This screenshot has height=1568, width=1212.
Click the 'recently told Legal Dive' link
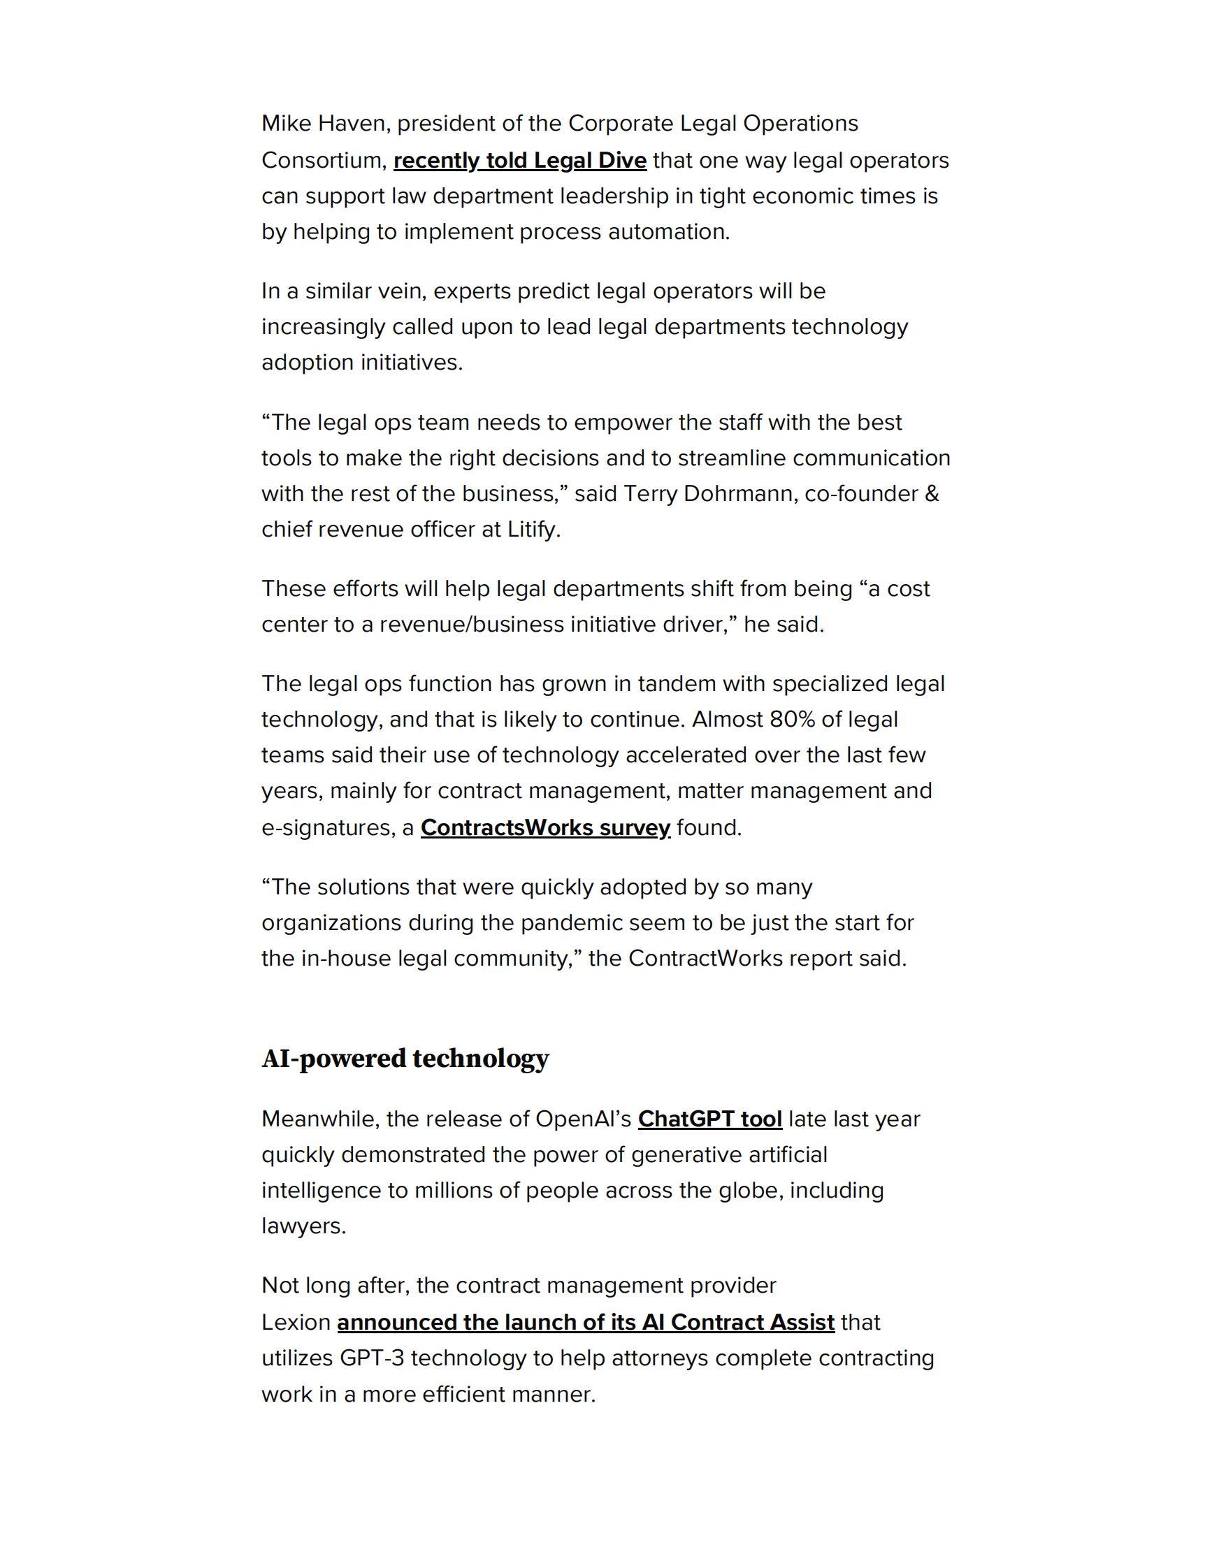point(519,160)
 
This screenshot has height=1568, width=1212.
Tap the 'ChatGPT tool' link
point(709,1119)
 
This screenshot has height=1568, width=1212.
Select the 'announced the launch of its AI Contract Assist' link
point(585,1322)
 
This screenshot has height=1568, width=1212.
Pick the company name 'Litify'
point(532,529)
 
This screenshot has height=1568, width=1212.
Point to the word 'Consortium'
point(324,160)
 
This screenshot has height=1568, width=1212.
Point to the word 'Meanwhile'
point(320,1119)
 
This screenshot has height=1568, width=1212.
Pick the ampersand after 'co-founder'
point(931,493)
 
